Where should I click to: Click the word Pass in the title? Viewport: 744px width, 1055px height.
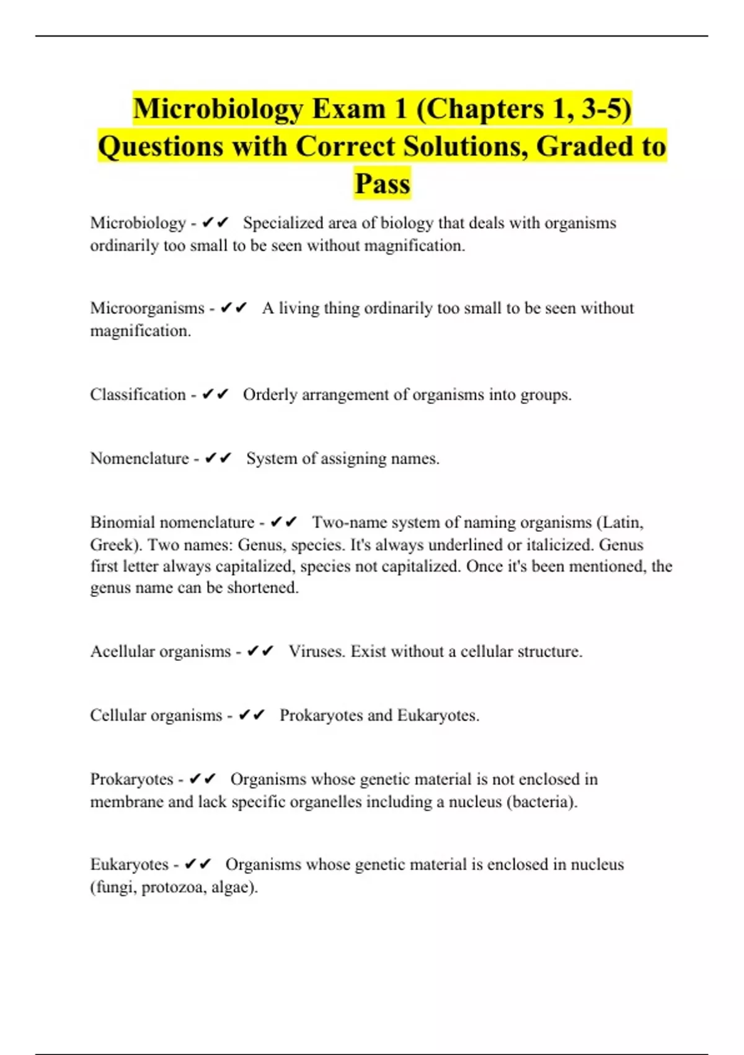point(382,184)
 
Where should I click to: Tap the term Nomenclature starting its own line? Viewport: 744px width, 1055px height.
point(139,459)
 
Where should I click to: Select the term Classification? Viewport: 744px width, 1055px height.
point(138,395)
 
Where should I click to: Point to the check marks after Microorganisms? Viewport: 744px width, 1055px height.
point(234,308)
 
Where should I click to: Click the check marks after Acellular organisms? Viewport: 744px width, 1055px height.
point(260,651)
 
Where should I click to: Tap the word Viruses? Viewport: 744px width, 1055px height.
point(316,651)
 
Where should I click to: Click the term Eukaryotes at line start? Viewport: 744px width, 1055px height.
point(129,864)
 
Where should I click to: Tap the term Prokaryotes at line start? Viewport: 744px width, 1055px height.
point(131,779)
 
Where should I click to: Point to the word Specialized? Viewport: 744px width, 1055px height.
point(283,223)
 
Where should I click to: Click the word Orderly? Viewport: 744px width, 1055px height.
point(270,395)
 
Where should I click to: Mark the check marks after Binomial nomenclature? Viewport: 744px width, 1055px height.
point(284,522)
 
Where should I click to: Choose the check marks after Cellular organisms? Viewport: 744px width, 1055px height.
point(252,715)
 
